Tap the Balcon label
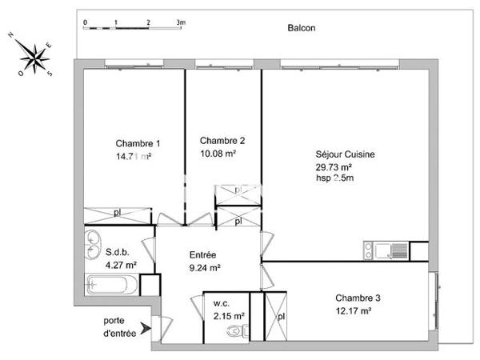[x=302, y=28]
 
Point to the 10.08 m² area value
[x=218, y=154]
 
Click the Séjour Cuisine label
[x=346, y=155]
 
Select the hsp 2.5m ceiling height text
[x=334, y=178]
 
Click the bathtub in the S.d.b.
[x=112, y=284]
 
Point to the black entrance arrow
[x=144, y=327]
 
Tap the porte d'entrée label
[x=120, y=326]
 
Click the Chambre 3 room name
[x=358, y=298]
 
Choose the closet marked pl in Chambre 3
[x=278, y=316]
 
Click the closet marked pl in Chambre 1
[x=118, y=214]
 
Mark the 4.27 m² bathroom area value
[x=121, y=265]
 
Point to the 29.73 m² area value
[x=334, y=166]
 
